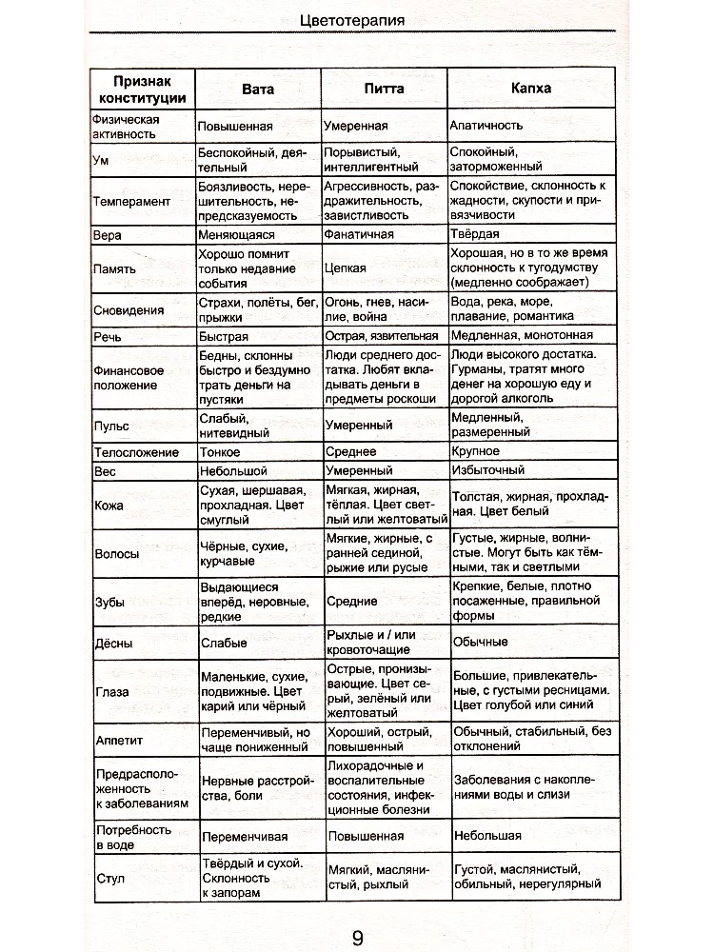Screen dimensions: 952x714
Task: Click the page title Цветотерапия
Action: [357, 20]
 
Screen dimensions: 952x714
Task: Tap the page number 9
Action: [357, 937]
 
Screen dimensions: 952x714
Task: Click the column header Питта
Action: [384, 89]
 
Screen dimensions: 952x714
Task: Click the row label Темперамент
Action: [131, 201]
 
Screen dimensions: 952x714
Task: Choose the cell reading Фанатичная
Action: [360, 234]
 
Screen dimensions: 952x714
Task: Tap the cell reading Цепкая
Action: [344, 269]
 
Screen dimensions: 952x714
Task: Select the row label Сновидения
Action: [129, 310]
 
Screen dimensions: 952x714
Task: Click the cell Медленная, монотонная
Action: [523, 336]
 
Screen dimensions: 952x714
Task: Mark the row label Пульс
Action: [111, 426]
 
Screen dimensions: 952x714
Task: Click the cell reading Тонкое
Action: [222, 451]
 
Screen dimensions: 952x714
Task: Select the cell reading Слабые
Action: [224, 643]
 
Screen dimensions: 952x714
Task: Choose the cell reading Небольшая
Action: [487, 836]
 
